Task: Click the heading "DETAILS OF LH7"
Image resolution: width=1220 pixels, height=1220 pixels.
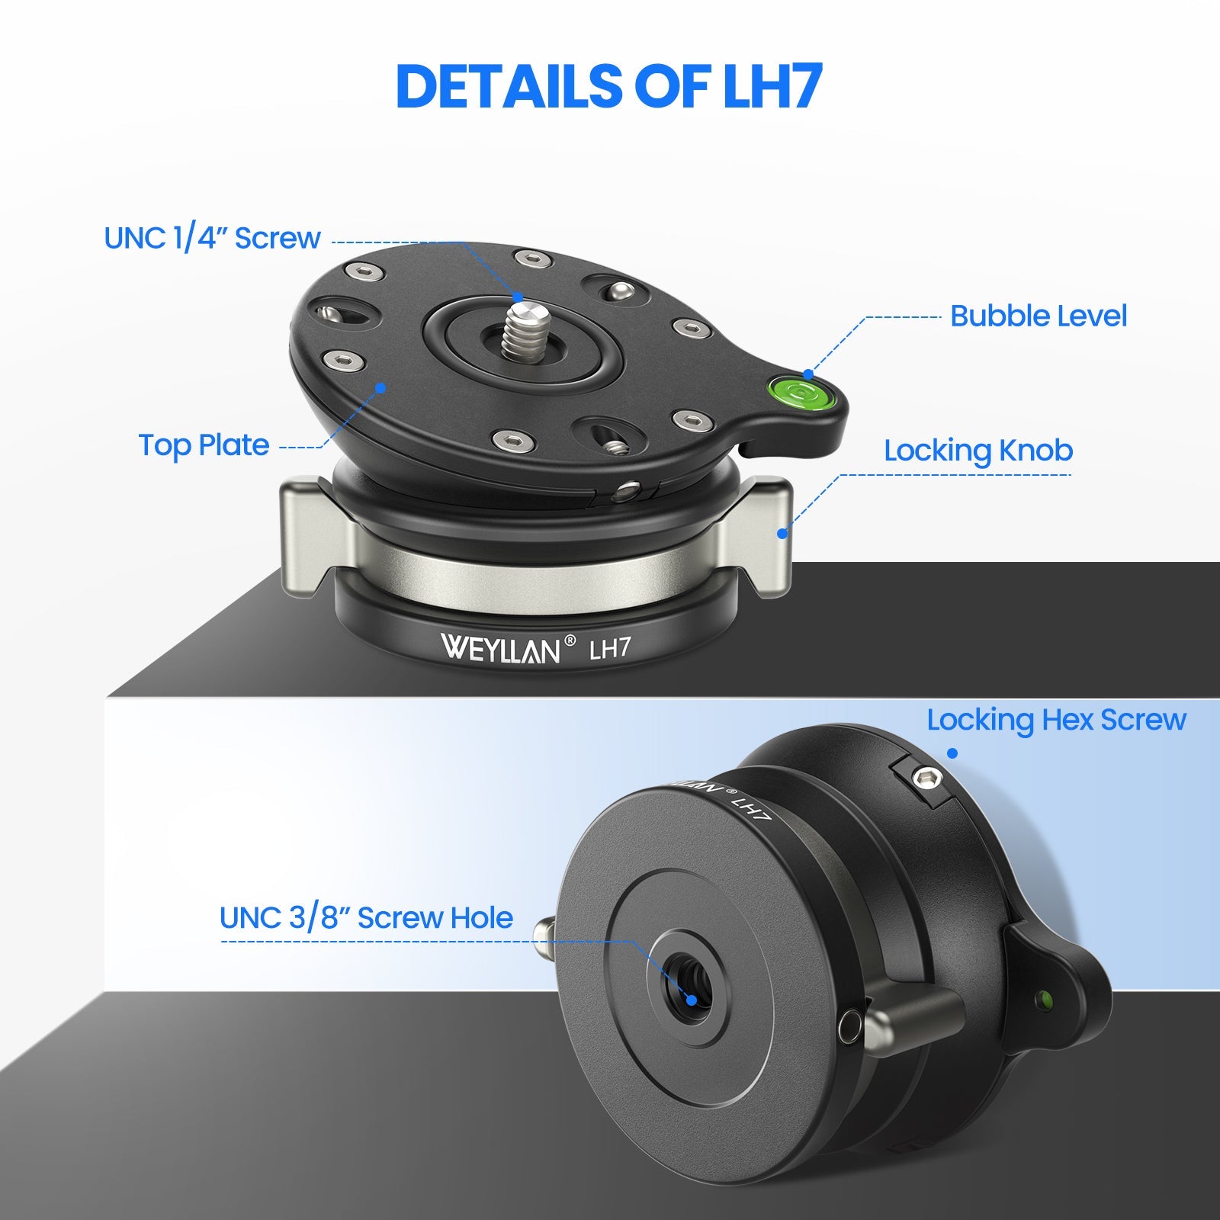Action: (609, 85)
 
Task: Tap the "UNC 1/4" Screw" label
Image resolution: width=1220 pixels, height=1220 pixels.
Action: (212, 239)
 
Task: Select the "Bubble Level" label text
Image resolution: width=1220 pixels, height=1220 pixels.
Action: (1039, 316)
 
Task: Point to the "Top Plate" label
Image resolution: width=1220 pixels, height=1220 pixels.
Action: (204, 445)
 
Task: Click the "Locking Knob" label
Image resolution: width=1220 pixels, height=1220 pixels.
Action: (978, 451)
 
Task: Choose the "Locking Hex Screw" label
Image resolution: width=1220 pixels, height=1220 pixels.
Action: (1057, 720)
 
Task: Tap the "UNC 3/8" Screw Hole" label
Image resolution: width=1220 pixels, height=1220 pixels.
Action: (366, 918)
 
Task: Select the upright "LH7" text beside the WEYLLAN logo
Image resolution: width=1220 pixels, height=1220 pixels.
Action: (611, 648)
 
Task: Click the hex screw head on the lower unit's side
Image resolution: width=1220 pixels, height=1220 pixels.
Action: (927, 779)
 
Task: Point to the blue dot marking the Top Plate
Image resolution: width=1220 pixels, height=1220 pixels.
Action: (380, 387)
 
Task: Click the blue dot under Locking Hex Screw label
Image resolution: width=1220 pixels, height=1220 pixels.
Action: (952, 753)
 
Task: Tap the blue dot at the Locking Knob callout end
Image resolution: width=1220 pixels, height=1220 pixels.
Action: (782, 533)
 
